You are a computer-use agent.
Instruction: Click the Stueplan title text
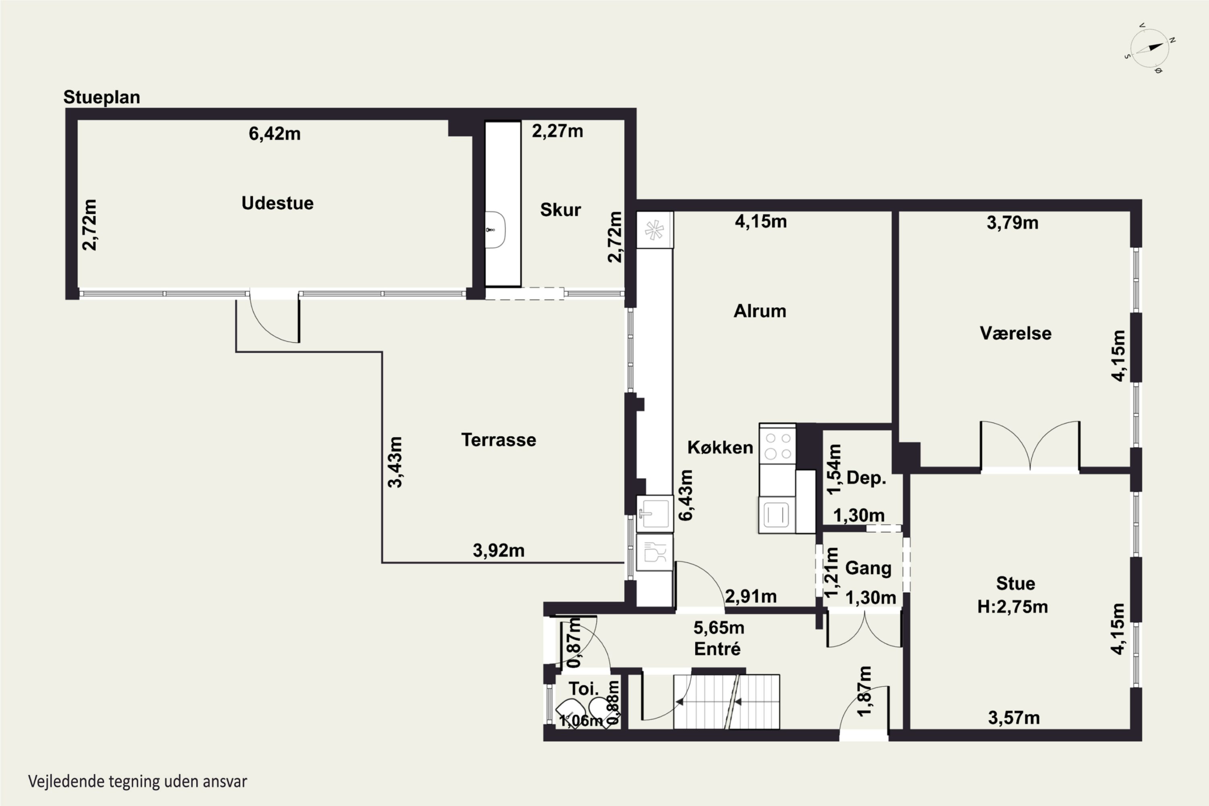tap(102, 98)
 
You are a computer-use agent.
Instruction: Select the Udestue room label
tap(278, 203)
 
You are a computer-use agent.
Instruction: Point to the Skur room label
tap(560, 210)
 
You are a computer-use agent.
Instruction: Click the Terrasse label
tap(499, 440)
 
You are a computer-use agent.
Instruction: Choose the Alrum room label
tap(760, 311)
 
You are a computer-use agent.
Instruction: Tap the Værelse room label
tap(1016, 333)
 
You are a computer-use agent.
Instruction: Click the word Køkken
tap(720, 447)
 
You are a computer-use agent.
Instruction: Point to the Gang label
tap(868, 568)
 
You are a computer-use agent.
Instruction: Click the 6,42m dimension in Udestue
tap(274, 134)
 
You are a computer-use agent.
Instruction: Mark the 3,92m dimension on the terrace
tap(499, 550)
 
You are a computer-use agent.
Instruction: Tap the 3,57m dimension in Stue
tap(1014, 718)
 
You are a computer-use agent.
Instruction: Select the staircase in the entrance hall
tap(726, 702)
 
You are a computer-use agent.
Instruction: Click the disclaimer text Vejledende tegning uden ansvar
tap(137, 782)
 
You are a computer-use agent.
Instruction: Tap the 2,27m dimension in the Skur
tap(557, 131)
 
